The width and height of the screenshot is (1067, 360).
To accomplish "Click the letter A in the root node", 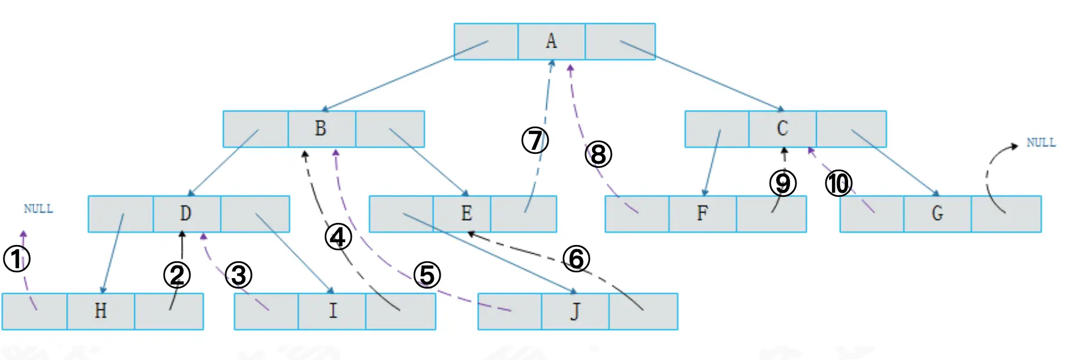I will click(551, 41).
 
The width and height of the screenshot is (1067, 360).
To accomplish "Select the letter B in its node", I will click(320, 128).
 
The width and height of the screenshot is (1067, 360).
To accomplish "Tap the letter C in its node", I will click(782, 128).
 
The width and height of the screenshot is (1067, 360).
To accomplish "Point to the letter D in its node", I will click(185, 214).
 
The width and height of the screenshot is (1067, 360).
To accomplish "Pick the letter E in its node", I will click(466, 214).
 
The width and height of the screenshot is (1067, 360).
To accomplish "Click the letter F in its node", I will click(702, 214).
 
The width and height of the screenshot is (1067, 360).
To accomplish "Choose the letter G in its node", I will click(937, 214).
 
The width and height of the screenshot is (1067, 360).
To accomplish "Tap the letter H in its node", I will click(100, 311).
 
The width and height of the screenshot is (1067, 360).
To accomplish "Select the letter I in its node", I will click(333, 311).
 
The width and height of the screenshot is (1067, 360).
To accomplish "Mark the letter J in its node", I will click(575, 312).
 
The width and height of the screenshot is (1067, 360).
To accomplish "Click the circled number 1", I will click(17, 259).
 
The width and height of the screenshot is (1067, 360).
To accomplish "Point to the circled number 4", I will click(338, 237).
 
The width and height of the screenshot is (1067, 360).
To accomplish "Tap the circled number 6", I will click(576, 259).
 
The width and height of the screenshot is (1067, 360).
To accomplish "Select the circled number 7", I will click(535, 141).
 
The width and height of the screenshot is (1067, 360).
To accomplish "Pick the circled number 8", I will click(599, 155).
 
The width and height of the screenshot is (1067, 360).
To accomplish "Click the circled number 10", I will click(838, 184).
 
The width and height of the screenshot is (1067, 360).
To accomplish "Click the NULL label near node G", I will click(1040, 143).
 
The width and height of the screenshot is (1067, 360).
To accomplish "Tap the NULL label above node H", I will click(38, 209).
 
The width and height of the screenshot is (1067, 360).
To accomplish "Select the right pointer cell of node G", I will click(1006, 214).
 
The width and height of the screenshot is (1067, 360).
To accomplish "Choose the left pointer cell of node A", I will click(486, 41).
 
